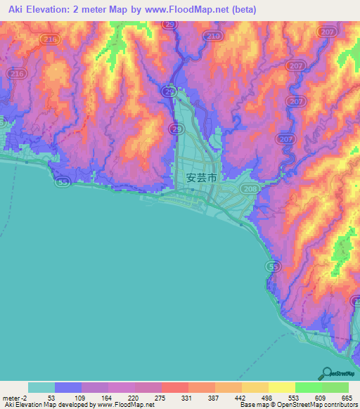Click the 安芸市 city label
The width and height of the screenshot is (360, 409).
tap(202, 178)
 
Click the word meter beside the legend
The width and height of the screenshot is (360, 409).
tap(12, 398)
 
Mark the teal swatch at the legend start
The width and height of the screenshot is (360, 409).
tap(41, 387)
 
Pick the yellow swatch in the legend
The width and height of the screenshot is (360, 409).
tap(281, 387)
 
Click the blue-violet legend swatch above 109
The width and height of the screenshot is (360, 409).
tap(68, 387)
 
